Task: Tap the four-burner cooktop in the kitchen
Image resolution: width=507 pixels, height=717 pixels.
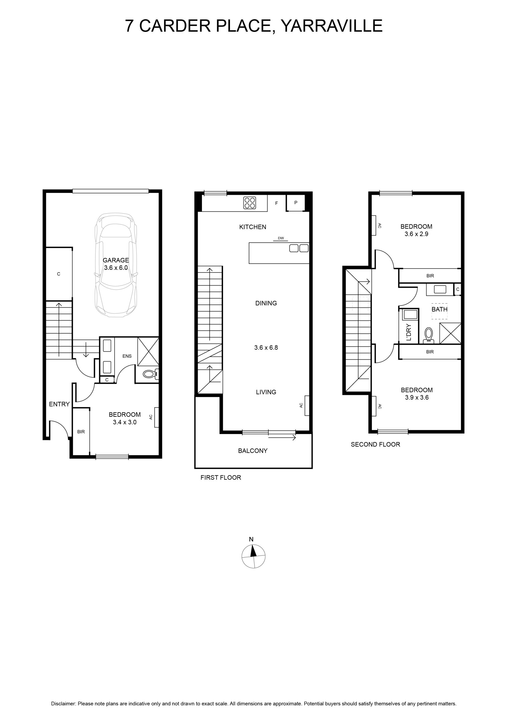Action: click(x=250, y=202)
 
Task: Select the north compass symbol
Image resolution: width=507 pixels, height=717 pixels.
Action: click(x=253, y=556)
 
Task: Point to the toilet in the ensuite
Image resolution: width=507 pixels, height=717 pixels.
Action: click(x=151, y=374)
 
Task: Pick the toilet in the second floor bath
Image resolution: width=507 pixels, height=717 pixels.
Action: click(x=429, y=335)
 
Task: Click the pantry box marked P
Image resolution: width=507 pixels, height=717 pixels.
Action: click(x=296, y=203)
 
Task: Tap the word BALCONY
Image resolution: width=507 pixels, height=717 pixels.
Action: click(x=253, y=451)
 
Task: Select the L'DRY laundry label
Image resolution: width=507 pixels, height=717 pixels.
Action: click(x=409, y=332)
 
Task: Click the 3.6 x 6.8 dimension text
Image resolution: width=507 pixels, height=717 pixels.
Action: click(x=266, y=347)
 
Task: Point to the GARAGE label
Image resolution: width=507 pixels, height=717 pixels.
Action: click(x=116, y=260)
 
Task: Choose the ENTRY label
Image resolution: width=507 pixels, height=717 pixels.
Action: click(x=59, y=404)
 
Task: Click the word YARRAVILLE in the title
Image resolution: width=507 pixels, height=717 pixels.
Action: click(x=332, y=25)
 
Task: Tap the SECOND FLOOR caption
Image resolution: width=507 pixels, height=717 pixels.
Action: click(x=375, y=444)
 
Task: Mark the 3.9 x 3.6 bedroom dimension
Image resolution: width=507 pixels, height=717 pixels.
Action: click(x=417, y=397)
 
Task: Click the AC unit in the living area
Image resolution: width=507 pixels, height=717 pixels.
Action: click(x=307, y=405)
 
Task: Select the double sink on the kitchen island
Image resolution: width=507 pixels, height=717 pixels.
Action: click(x=299, y=248)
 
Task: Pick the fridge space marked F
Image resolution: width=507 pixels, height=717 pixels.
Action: click(x=276, y=203)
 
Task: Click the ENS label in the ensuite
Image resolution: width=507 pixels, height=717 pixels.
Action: click(x=127, y=356)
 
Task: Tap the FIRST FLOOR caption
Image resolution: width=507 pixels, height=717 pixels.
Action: click(x=221, y=478)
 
